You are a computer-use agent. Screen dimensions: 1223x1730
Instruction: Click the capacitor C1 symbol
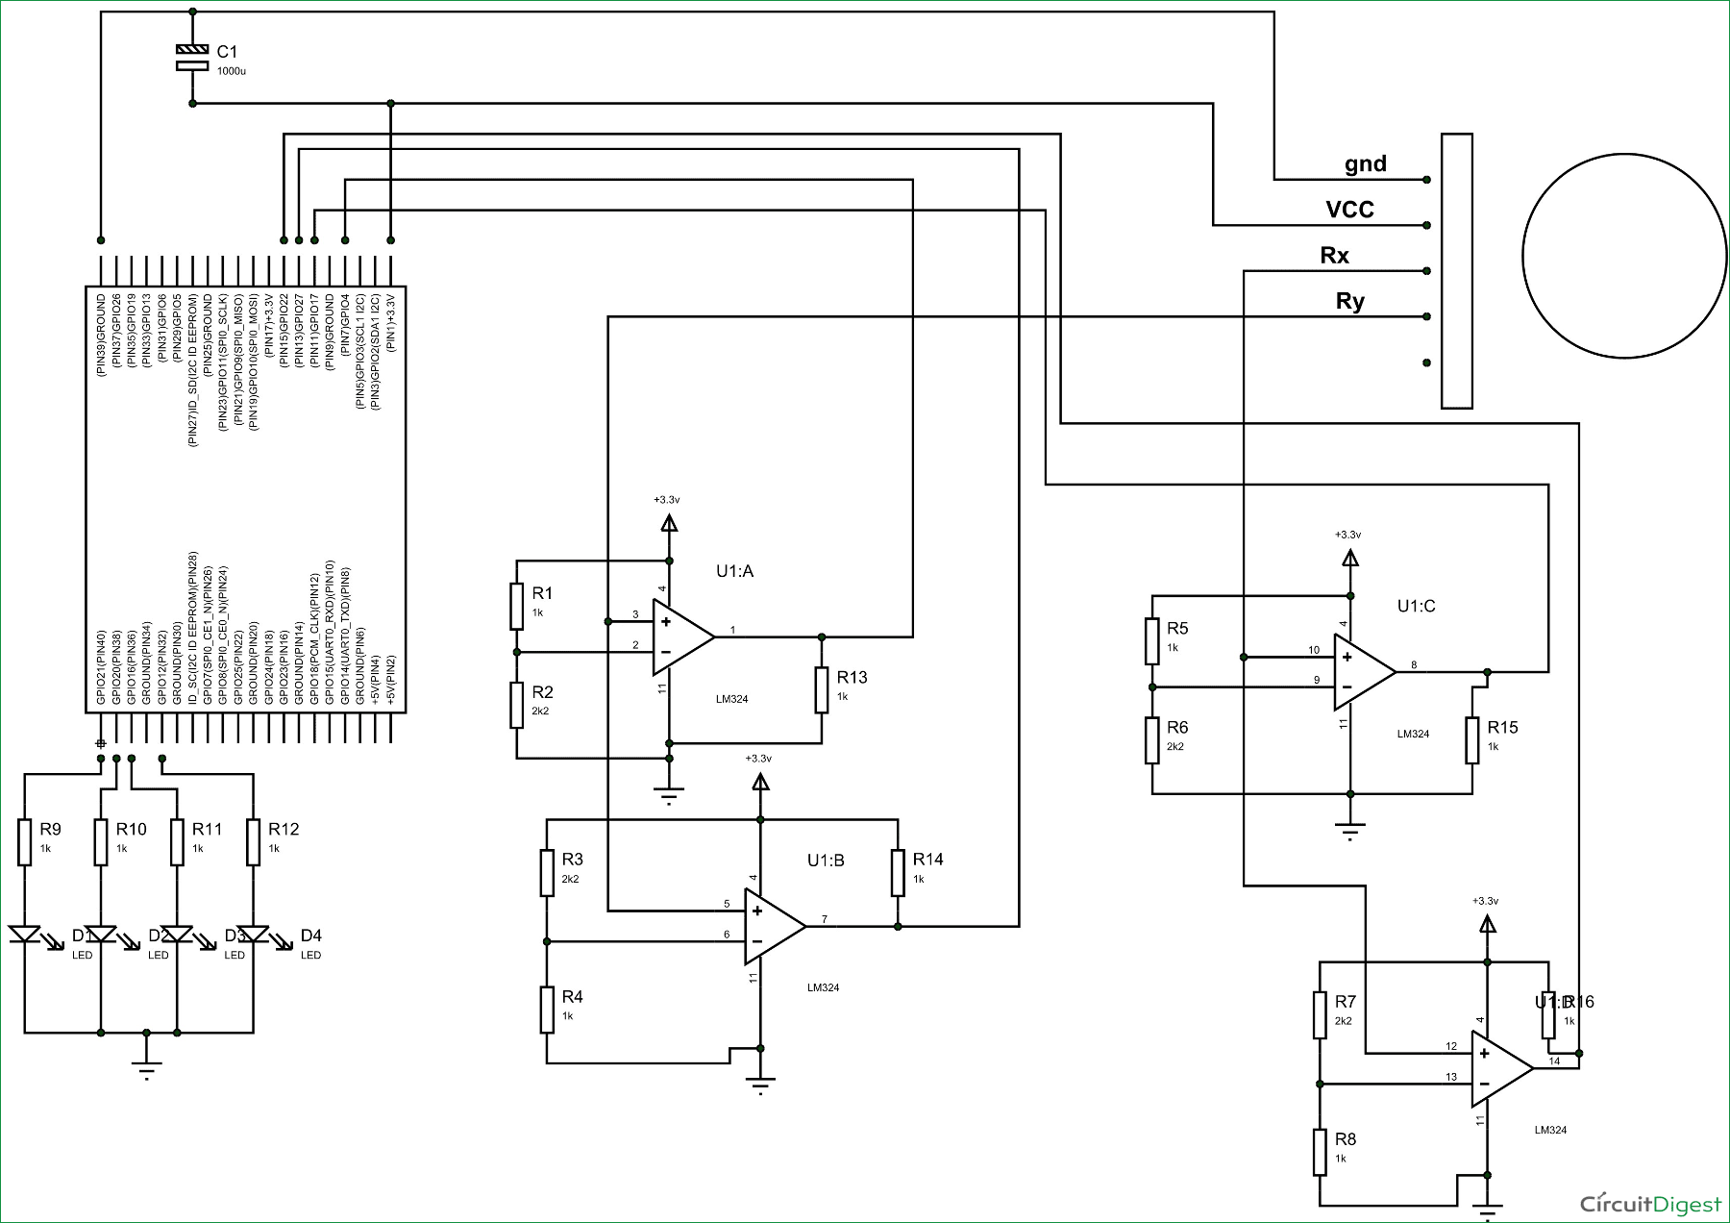192,57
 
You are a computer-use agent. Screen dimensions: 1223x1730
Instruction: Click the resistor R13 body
822,689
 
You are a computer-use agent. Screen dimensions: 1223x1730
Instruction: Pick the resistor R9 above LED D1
25,841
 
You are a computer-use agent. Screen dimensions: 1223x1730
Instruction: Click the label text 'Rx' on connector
1334,256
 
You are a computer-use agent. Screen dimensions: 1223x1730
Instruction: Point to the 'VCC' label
1349,210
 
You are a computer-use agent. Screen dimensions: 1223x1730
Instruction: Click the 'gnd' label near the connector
1365,163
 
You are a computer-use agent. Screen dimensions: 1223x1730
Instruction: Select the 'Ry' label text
1349,302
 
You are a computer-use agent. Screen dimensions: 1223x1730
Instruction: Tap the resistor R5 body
1152,641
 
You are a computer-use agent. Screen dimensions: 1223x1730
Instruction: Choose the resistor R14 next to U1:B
898,872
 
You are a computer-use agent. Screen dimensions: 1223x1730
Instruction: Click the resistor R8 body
1321,1152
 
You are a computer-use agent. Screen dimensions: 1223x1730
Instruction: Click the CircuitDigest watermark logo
1650,1204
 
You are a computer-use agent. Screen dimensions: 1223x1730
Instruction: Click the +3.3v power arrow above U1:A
669,523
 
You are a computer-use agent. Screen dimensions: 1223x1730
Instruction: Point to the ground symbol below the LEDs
146,1067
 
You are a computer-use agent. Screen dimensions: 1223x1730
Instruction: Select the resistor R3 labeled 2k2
547,872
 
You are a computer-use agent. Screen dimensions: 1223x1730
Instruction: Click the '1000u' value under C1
231,71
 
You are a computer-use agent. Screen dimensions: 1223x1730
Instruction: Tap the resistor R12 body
254,841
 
